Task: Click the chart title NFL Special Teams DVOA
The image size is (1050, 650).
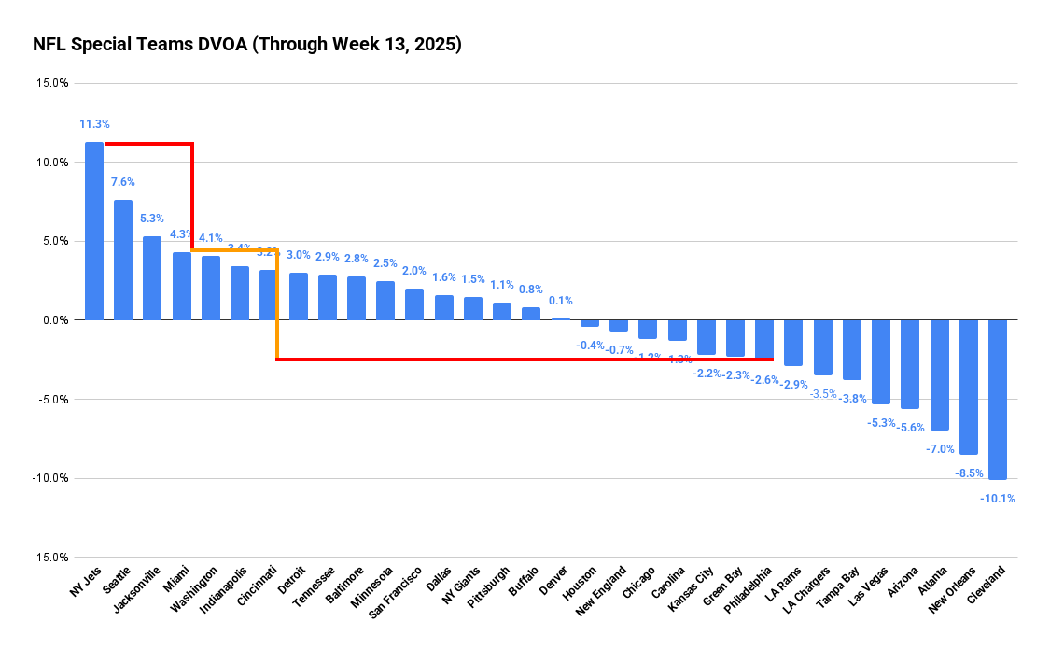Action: (246, 44)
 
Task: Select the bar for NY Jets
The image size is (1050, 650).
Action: (94, 231)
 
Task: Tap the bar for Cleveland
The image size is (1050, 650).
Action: (998, 399)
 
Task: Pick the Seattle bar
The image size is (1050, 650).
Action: (123, 260)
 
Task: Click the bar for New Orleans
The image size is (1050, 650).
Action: (969, 387)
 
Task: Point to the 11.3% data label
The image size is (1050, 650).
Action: (94, 124)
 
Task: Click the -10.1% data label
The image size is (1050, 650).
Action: (998, 499)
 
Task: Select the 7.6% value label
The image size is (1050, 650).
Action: (123, 182)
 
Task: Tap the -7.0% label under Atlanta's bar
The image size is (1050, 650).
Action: (940, 449)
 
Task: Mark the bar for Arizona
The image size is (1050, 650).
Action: (910, 364)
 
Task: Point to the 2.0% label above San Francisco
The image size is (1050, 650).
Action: (414, 271)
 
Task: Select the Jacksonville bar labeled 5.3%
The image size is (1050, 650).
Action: (152, 278)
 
